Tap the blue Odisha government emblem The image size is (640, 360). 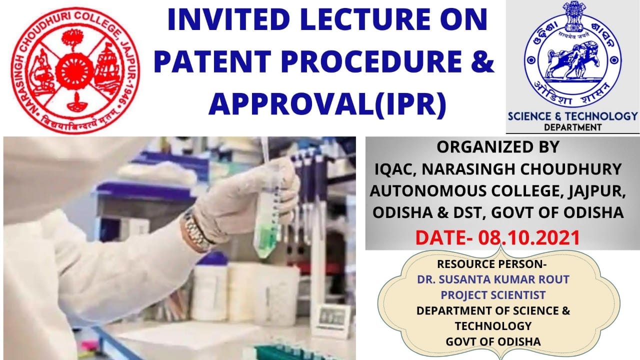(x=572, y=53)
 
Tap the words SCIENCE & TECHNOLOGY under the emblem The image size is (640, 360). (x=572, y=116)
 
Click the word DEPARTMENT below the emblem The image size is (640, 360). (x=572, y=127)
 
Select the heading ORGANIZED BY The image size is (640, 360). (x=497, y=147)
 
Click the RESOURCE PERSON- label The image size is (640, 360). (x=491, y=264)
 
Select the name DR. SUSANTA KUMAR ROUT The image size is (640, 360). (x=493, y=279)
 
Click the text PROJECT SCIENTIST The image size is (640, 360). (x=493, y=295)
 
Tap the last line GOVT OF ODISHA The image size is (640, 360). (x=493, y=341)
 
